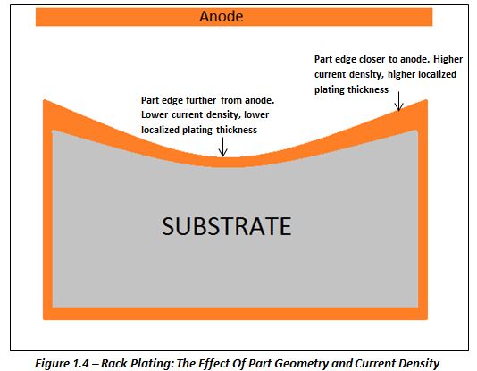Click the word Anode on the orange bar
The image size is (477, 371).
(222, 16)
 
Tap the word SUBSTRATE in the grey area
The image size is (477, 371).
(226, 226)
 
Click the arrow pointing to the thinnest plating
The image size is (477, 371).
(223, 147)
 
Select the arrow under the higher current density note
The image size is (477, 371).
(398, 101)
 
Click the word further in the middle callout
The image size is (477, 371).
(197, 100)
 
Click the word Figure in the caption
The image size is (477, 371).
(53, 363)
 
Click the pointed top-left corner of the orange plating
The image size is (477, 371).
(45, 100)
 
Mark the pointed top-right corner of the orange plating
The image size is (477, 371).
(426, 100)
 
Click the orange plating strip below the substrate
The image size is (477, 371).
(235, 313)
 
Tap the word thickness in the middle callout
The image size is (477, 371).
(237, 130)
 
